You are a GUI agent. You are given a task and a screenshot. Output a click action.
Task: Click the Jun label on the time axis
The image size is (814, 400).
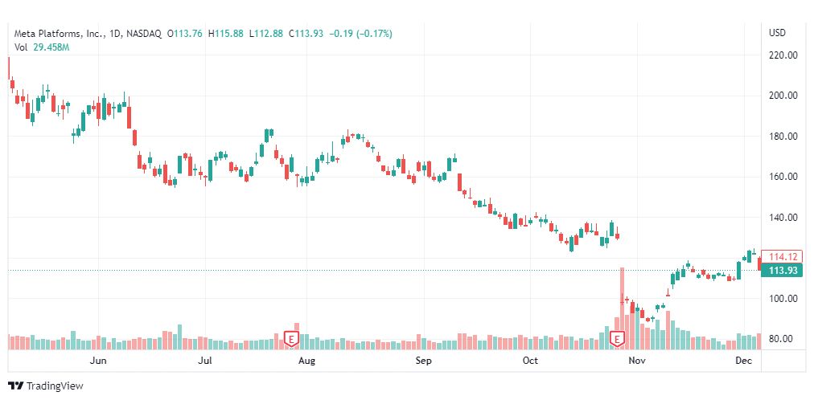click(x=98, y=361)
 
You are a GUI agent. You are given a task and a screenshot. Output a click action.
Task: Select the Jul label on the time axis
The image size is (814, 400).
click(x=205, y=361)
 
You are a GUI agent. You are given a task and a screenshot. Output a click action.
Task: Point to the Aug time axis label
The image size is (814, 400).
click(x=306, y=361)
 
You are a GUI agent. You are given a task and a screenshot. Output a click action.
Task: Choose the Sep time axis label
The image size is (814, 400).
click(x=424, y=361)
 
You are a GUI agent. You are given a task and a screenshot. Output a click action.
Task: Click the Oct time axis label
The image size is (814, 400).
click(x=530, y=361)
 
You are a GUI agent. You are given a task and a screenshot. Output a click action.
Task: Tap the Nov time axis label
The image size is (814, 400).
click(x=637, y=361)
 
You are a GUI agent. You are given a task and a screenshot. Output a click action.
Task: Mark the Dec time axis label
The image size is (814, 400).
click(x=744, y=361)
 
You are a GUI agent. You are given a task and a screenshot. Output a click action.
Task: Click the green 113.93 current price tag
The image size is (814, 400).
click(x=782, y=271)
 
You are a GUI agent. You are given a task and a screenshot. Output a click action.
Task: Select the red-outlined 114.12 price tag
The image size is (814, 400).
click(x=782, y=257)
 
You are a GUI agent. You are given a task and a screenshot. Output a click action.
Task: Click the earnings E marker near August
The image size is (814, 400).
click(x=293, y=339)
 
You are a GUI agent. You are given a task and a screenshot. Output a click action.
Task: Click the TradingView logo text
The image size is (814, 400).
click(x=46, y=386)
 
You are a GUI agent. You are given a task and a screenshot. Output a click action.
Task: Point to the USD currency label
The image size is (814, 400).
click(x=777, y=33)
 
